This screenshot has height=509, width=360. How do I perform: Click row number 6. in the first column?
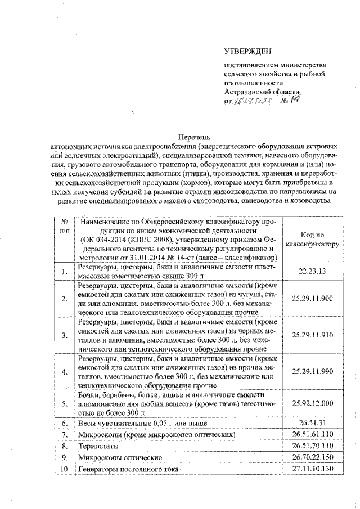(x=65, y=422)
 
